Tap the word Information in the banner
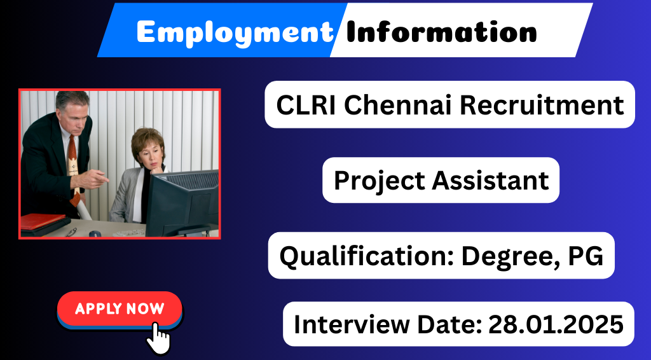[x=441, y=32]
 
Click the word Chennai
[x=397, y=105]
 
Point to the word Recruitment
[x=542, y=105]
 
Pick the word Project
[x=380, y=181]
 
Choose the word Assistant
[x=490, y=181]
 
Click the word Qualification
[x=367, y=256]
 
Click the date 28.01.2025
[x=556, y=324]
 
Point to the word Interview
[x=352, y=324]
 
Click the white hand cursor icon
[x=158, y=338]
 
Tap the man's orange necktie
[x=74, y=166]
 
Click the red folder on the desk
[x=43, y=221]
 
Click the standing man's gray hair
[x=72, y=100]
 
